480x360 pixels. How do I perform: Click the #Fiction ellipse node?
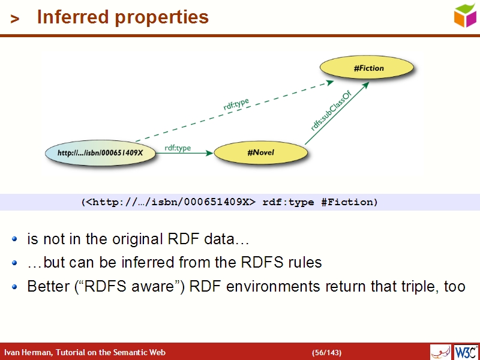coord(368,68)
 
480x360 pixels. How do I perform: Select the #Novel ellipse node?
coord(260,153)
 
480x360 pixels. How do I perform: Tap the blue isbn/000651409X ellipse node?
coord(100,153)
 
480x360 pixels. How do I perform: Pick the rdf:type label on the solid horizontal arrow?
coord(178,148)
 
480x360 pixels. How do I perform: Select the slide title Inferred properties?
coord(122,17)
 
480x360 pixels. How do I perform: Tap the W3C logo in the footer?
coord(466,352)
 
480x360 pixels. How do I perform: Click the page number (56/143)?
coord(326,352)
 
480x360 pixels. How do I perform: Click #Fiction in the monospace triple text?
coord(349,202)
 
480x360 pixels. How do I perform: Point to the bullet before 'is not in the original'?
coord(16,240)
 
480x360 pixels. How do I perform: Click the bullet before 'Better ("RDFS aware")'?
coord(16,287)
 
